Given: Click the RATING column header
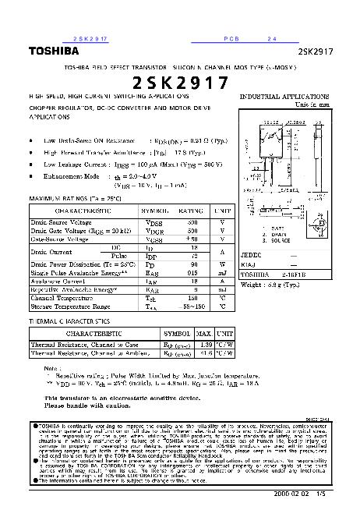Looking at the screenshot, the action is [x=191, y=211].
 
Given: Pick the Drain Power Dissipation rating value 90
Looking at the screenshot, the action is [x=192, y=266].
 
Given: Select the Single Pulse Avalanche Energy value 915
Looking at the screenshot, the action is [x=192, y=274].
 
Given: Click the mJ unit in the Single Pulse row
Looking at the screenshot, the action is [x=222, y=274].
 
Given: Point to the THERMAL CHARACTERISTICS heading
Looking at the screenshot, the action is [x=69, y=321].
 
